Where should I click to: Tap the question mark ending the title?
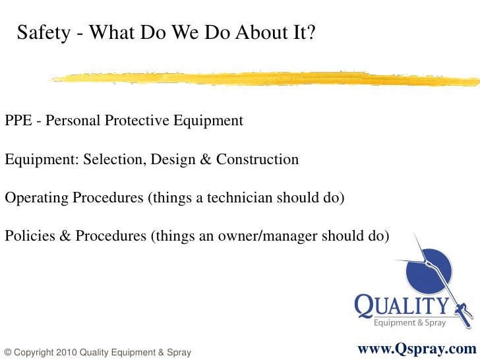[x=311, y=32]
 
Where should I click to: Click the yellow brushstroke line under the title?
[x=264, y=78]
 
